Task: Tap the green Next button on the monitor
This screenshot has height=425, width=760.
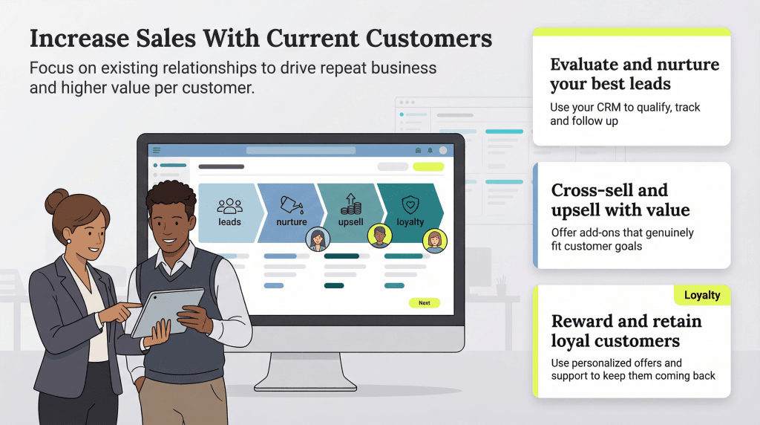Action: coord(424,303)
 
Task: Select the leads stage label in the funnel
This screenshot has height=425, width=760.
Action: coord(229,222)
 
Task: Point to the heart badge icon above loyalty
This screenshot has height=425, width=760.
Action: coord(410,204)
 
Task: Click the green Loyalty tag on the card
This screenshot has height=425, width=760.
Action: coord(701,295)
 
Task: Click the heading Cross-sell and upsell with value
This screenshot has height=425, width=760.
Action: coord(620,199)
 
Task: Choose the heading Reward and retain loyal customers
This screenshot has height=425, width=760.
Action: coord(626,331)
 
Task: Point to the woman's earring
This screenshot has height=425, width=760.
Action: coord(68,241)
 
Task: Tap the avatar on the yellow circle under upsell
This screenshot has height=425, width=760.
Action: coord(379,236)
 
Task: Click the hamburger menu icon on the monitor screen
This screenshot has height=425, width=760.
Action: coord(157,150)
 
